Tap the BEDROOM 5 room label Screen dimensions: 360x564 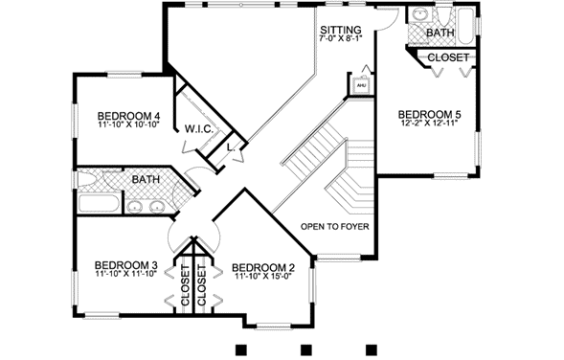pyautogui.click(x=430, y=115)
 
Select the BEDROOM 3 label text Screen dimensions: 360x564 pyautogui.click(x=125, y=265)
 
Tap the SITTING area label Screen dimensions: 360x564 pyautogui.click(x=340, y=31)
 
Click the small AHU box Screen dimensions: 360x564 pyautogui.click(x=361, y=84)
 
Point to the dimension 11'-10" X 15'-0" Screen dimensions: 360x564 pyautogui.click(x=263, y=278)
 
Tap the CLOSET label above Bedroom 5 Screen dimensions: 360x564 pyautogui.click(x=447, y=57)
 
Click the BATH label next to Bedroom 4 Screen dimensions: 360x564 pyautogui.click(x=146, y=179)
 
